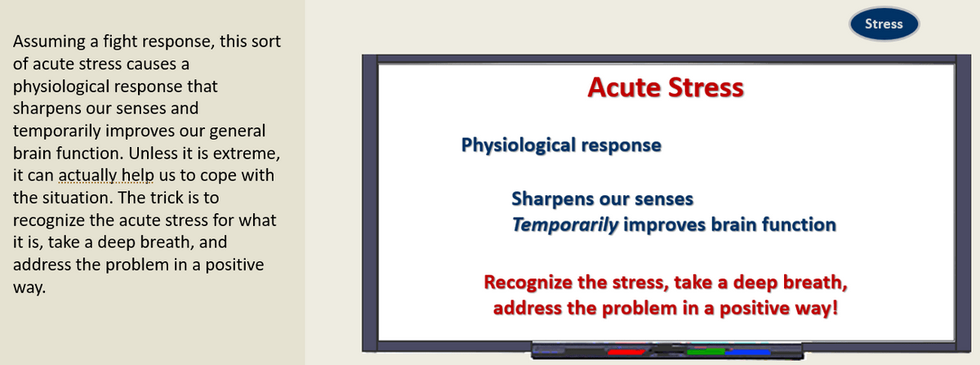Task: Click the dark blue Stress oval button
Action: tap(884, 24)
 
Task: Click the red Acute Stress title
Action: tap(666, 87)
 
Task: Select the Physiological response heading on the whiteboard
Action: tap(561, 145)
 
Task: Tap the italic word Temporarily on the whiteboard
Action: tap(565, 225)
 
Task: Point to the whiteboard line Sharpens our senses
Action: tap(603, 198)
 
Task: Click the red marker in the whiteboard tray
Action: tap(626, 351)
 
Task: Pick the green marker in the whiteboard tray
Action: tap(706, 351)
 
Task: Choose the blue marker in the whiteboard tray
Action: tap(747, 351)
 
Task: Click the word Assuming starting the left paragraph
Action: tap(49, 42)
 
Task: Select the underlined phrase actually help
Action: tap(106, 176)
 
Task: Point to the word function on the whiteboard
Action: tap(799, 225)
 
